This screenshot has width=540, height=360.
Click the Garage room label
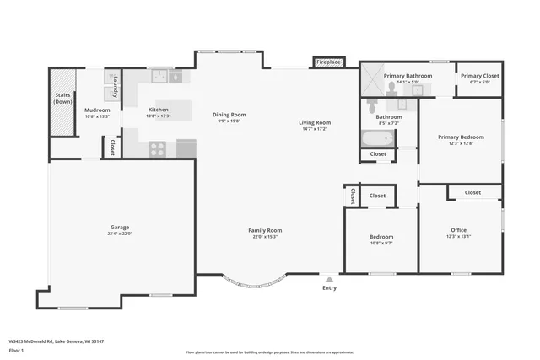pyautogui.click(x=120, y=227)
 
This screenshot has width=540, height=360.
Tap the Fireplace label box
pyautogui.click(x=328, y=62)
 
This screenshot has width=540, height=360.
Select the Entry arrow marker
pyautogui.click(x=329, y=279)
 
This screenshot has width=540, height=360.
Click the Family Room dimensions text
pyautogui.click(x=265, y=237)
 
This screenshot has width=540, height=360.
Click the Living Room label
pyautogui.click(x=315, y=123)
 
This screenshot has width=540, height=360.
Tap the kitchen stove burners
pyautogui.click(x=158, y=149)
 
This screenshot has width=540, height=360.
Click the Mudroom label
pyautogui.click(x=97, y=110)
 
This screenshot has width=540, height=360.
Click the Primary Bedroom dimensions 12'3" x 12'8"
pyautogui.click(x=461, y=143)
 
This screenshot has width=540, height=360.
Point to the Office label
pyautogui.click(x=458, y=230)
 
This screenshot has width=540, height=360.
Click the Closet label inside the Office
pyautogui.click(x=472, y=192)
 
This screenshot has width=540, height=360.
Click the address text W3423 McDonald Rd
pyautogui.click(x=42, y=341)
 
